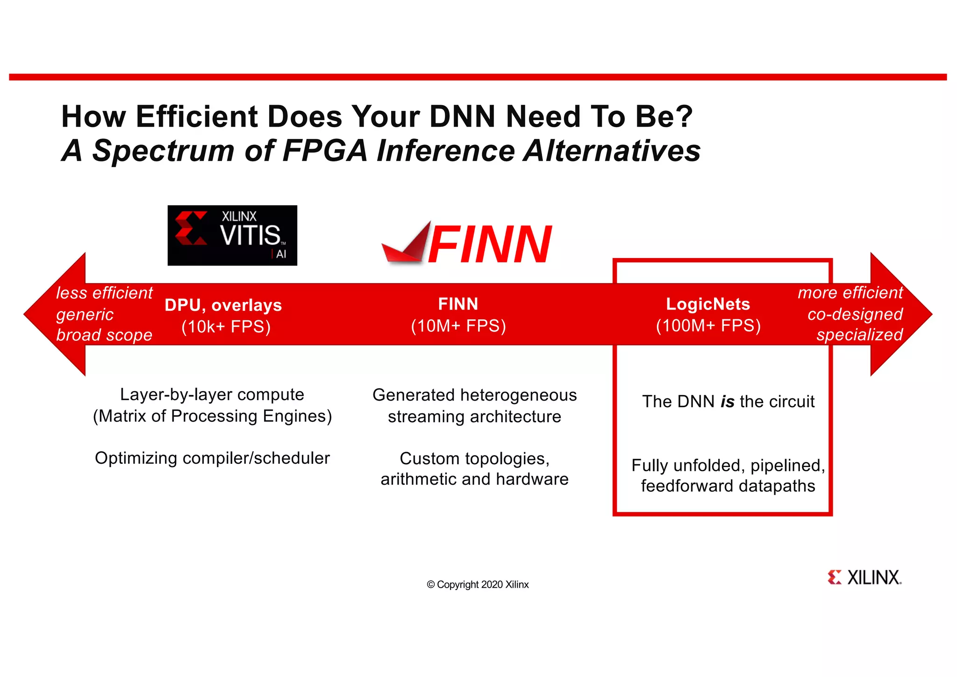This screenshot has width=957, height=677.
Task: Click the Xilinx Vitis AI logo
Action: pyautogui.click(x=232, y=235)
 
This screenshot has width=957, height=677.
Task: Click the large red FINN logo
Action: pyautogui.click(x=467, y=244)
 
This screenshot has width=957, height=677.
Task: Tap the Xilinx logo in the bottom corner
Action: pyautogui.click(x=864, y=577)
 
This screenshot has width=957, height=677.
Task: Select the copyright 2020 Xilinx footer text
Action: pyautogui.click(x=478, y=584)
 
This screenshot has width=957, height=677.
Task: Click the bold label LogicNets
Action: pyautogui.click(x=708, y=304)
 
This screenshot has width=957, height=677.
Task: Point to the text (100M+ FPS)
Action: pyautogui.click(x=708, y=325)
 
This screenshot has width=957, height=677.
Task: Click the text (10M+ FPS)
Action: pyautogui.click(x=458, y=326)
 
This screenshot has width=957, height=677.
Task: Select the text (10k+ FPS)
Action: pyautogui.click(x=226, y=326)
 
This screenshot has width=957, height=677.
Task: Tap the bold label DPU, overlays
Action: pyautogui.click(x=223, y=305)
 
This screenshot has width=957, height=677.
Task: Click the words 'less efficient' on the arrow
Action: pyautogui.click(x=104, y=293)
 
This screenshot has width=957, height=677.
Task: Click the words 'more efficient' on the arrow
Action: pyautogui.click(x=850, y=293)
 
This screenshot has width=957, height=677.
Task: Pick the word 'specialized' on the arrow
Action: pyautogui.click(x=859, y=335)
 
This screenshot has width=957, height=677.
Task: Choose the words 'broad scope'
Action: pyautogui.click(x=104, y=335)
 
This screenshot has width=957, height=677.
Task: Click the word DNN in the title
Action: pyautogui.click(x=462, y=116)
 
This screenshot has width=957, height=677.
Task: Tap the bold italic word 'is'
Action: pyautogui.click(x=727, y=402)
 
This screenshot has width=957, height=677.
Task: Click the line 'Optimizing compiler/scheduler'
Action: pyautogui.click(x=212, y=458)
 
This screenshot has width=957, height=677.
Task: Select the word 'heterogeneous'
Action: pyautogui.click(x=518, y=395)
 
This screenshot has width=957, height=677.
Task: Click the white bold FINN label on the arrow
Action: pyautogui.click(x=458, y=304)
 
